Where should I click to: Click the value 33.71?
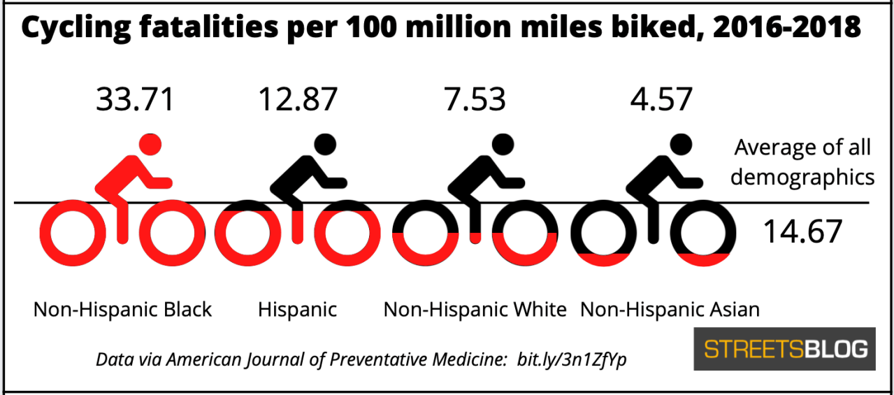135,99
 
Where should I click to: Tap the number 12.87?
298,99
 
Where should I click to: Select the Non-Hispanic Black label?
122,309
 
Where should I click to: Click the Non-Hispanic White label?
475,309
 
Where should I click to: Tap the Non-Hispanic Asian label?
670,309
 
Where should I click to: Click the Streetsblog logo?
784,349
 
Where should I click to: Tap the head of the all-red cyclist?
150,145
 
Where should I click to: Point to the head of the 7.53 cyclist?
500,145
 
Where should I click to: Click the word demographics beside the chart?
802,177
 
